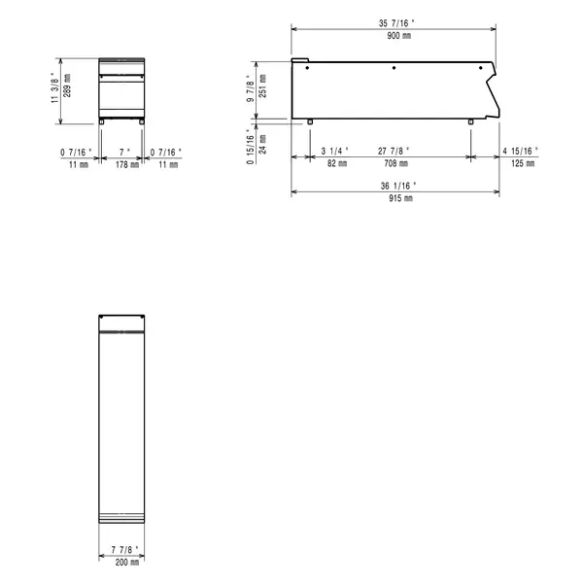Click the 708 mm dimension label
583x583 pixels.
tap(395, 164)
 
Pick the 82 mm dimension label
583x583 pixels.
tap(334, 164)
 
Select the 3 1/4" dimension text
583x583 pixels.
tap(334, 151)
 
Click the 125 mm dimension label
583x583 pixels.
tap(524, 164)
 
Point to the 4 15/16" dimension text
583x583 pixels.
tap(524, 151)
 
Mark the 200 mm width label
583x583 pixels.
tap(123, 562)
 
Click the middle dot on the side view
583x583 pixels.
tap(394, 68)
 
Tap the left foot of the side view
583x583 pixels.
tap(309, 121)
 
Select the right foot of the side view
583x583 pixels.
tap(471, 121)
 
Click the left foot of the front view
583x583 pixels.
tap(102, 121)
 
